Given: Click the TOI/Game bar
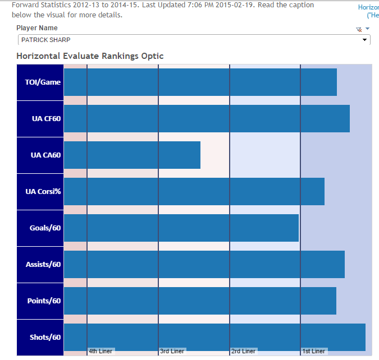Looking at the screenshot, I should point(200,82).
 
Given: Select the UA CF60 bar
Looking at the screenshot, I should point(207,118).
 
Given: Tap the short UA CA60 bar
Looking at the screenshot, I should point(132,155).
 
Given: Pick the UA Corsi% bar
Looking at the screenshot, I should point(194,191).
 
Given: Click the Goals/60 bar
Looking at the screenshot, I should point(181,228).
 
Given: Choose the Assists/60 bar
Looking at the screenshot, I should point(204,264).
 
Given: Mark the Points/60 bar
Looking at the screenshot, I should point(200,301).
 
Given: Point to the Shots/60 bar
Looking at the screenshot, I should point(214,337).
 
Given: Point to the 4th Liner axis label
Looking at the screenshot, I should point(101,352).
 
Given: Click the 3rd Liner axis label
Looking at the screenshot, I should point(172,352).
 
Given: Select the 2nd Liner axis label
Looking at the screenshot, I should point(243,352).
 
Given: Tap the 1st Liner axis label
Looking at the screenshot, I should point(314,352).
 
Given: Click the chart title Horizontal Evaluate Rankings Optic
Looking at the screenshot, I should point(90,56).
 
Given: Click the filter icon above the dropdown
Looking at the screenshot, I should point(359,29).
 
